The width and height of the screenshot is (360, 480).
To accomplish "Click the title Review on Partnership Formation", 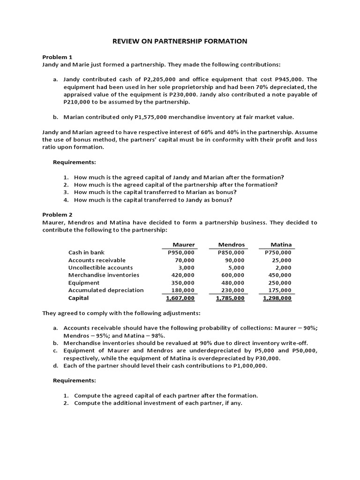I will click(x=180, y=41).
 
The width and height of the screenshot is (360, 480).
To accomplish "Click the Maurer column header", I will click(x=184, y=245).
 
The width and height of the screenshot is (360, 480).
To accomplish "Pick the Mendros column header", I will click(x=232, y=245).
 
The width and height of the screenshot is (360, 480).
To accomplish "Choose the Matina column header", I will click(x=281, y=245).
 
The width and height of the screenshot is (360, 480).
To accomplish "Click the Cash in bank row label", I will click(x=87, y=252).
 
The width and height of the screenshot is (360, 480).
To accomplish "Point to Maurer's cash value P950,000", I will click(x=181, y=253).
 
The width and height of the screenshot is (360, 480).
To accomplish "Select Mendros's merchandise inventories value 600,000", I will click(x=232, y=275).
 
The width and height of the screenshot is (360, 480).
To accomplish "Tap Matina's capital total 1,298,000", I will click(x=277, y=298).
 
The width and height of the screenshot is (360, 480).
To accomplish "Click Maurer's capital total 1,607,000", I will click(x=180, y=298).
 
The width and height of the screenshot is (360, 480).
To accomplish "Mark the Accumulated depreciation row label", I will click(x=106, y=290).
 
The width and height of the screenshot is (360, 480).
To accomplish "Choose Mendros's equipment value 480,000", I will click(x=232, y=283).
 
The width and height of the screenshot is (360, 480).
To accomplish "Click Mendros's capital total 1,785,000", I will click(x=230, y=298).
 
